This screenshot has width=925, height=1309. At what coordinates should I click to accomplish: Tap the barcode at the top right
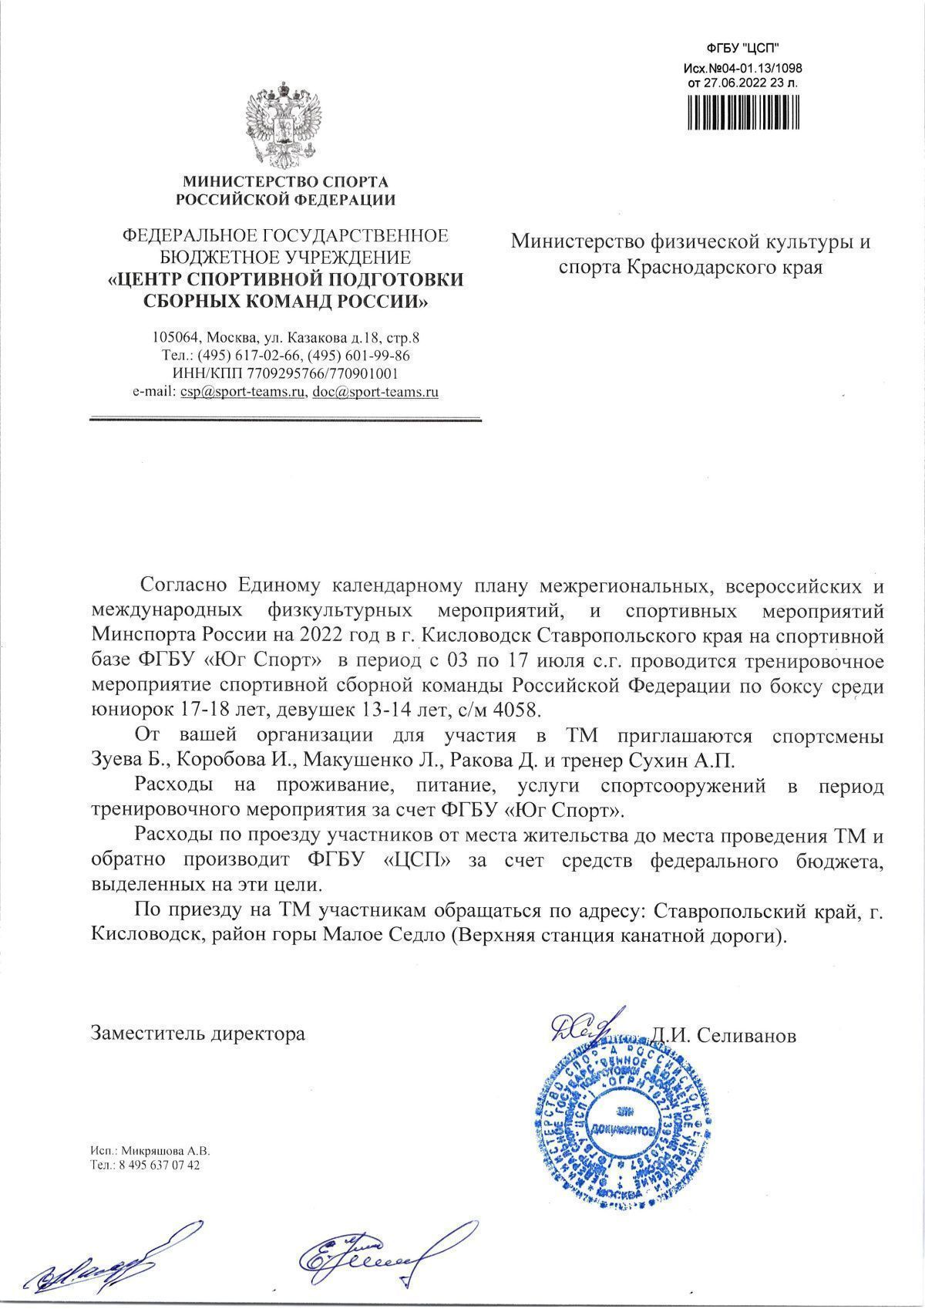point(744,111)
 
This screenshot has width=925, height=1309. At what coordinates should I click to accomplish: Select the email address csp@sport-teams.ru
point(243,392)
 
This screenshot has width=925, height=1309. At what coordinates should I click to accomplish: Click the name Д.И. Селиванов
point(723,1036)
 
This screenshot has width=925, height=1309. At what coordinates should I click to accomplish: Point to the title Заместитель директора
point(198,1034)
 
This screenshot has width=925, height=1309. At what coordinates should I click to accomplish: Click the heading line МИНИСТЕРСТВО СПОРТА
point(285,182)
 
